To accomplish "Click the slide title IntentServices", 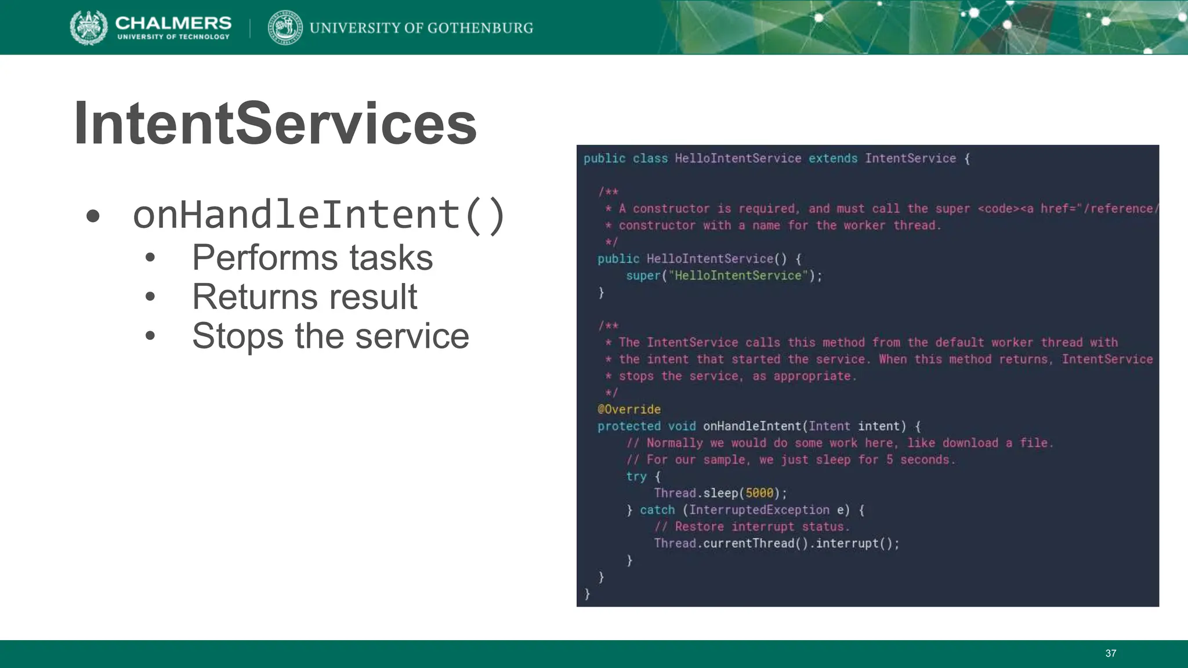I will pos(275,124).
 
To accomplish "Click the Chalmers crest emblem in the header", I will pos(89,27).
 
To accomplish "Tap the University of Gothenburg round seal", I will pos(285,27).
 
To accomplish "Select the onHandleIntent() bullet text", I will pos(319,215).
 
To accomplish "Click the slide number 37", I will pos(1110,654).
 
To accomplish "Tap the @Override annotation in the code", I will pos(629,409).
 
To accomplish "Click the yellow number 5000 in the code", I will pos(759,493).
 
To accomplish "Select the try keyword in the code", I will pos(636,477).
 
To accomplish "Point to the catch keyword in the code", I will pos(657,510).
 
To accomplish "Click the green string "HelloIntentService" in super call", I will pos(738,276).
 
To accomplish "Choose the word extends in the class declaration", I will pos(832,159).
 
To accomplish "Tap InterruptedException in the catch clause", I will pos(759,510).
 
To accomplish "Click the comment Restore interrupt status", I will pos(752,527).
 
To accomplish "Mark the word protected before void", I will pos(629,426).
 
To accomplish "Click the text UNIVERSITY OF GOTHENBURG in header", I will pos(421,28).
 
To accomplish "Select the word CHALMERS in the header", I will pos(173,23).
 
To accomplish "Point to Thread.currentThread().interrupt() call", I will pos(776,544).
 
